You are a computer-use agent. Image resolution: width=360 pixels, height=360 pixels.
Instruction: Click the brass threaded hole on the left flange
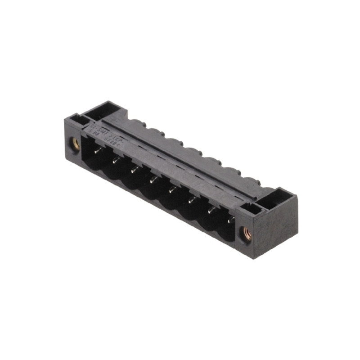pos(75,144)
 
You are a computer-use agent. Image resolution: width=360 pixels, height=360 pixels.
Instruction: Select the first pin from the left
pos(97,152)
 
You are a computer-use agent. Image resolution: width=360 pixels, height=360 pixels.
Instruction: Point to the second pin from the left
pos(116,160)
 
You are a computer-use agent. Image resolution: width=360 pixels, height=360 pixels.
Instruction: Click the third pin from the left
pos(135,170)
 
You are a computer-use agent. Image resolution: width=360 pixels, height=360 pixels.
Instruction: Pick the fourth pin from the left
pos(153,180)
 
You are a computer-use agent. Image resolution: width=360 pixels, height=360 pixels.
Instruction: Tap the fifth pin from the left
pos(172,189)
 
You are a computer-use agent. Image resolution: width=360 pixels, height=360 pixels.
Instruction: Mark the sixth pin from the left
pos(191,199)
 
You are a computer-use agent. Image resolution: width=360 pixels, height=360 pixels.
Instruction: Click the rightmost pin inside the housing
pos(229,220)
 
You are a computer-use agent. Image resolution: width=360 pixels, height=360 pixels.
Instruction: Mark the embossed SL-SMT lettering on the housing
pos(103,132)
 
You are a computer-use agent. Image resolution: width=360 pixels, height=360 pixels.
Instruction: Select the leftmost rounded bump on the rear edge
pos(135,122)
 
